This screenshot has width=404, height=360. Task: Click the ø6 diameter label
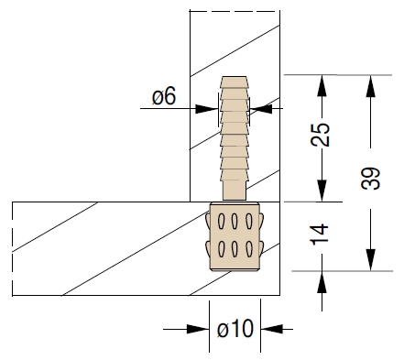[x=164, y=96]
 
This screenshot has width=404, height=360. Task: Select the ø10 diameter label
[x=235, y=329]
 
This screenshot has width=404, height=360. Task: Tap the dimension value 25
[x=321, y=135]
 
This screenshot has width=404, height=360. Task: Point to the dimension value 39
[x=370, y=178]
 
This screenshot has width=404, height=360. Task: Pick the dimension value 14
[x=320, y=235]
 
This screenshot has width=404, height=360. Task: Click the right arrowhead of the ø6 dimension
[x=261, y=109]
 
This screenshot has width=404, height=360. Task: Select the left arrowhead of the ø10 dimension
[x=198, y=329]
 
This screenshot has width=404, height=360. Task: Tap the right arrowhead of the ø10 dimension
[x=272, y=329]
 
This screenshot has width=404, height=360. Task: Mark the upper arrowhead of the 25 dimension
[x=322, y=86]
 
